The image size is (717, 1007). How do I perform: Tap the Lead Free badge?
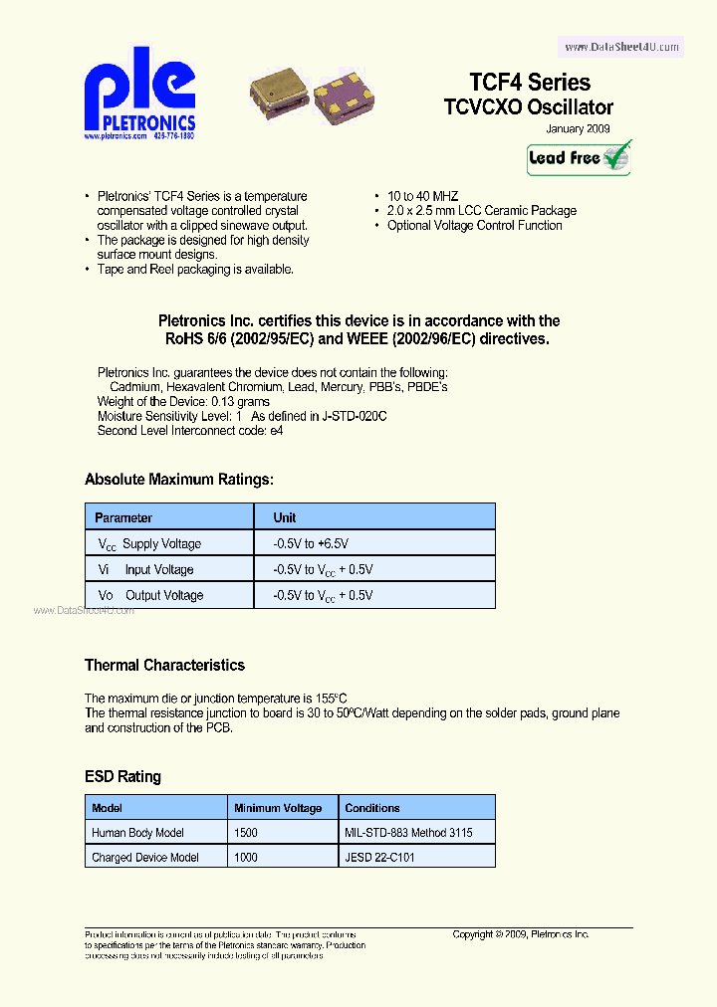click(579, 158)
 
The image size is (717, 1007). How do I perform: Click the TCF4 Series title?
click(530, 83)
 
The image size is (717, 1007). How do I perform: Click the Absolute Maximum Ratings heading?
click(178, 480)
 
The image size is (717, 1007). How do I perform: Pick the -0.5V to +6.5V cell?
click(311, 544)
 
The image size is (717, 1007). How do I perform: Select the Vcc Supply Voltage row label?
click(149, 544)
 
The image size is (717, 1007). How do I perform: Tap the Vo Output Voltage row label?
click(150, 596)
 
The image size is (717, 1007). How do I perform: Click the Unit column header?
click(285, 517)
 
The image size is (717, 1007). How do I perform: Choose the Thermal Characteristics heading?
click(164, 665)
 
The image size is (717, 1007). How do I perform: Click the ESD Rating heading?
click(122, 776)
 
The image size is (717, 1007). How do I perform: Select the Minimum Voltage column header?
click(278, 808)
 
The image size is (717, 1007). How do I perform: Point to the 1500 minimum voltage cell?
click(246, 833)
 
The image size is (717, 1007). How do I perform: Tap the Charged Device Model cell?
click(145, 858)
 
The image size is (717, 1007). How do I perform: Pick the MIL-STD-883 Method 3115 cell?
click(408, 833)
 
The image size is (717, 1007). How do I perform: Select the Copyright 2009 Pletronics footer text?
click(521, 934)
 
